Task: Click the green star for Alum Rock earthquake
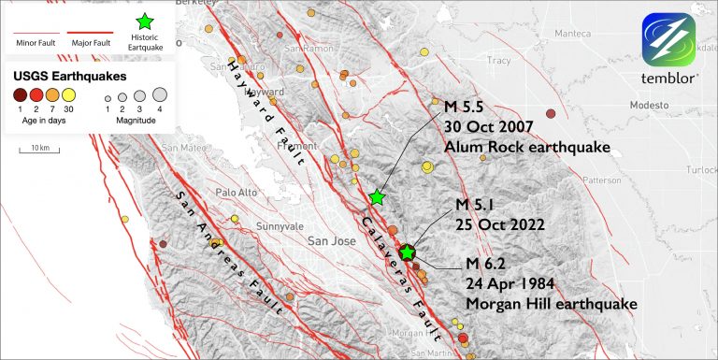[376, 196]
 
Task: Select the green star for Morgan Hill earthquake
[407, 252]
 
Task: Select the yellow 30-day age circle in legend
[68, 94]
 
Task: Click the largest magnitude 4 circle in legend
[159, 94]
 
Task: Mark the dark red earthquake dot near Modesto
[551, 113]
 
